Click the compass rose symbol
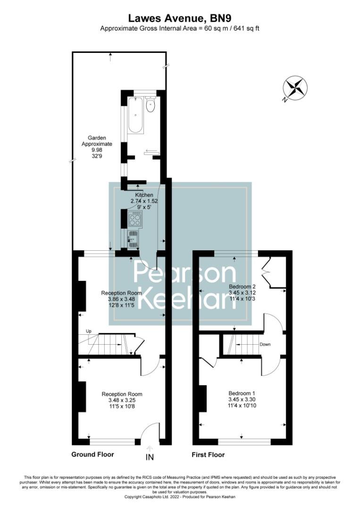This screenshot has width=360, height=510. pyautogui.click(x=295, y=89)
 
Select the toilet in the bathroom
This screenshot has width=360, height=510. pyautogui.click(x=151, y=106)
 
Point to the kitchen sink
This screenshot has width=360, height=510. pyautogui.click(x=134, y=238)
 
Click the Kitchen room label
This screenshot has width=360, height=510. pyautogui.click(x=144, y=195)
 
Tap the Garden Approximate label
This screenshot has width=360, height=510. pyautogui.click(x=97, y=141)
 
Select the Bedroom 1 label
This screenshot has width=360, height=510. pyautogui.click(x=242, y=393)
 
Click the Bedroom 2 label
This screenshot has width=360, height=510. pyautogui.click(x=242, y=287)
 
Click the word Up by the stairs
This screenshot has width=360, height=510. pyautogui.click(x=88, y=331)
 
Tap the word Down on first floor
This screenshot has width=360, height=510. pyautogui.click(x=265, y=344)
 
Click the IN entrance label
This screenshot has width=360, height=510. pyautogui.click(x=150, y=457)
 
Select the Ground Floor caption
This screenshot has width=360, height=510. pyautogui.click(x=92, y=455)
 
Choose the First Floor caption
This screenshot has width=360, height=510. pyautogui.click(x=208, y=455)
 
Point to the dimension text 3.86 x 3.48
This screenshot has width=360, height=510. pyautogui.click(x=122, y=299)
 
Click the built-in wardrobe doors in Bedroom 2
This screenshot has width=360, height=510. pyautogui.click(x=267, y=272)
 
